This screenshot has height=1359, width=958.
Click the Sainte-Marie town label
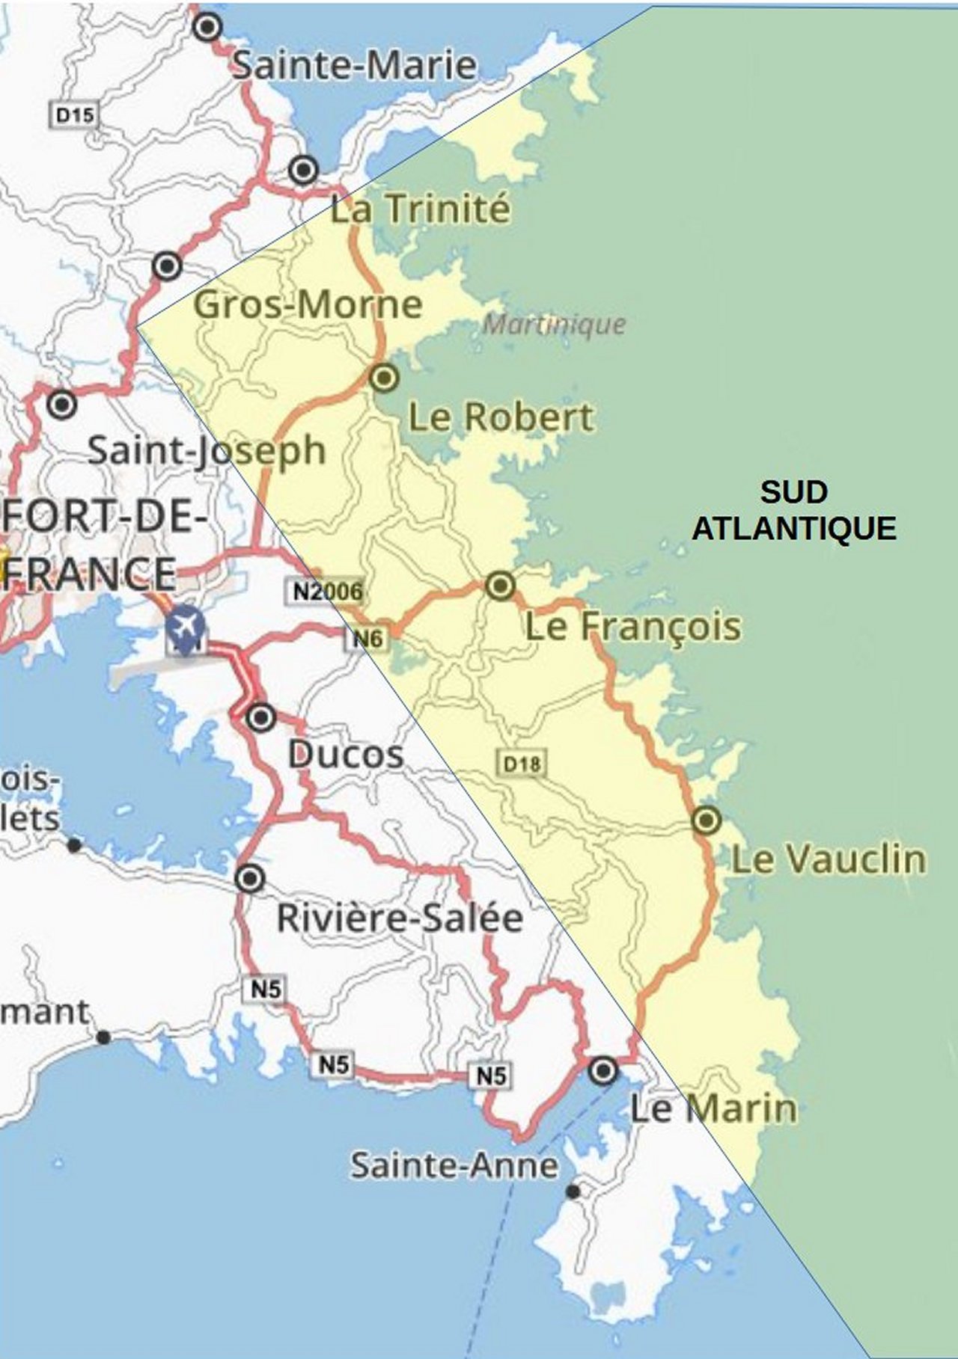(353, 66)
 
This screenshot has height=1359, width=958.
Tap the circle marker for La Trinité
(303, 171)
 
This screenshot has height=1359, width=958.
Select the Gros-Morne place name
(308, 304)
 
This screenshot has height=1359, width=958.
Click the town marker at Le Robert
(385, 378)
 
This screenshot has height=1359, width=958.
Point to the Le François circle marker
(500, 585)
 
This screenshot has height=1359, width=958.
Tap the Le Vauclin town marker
(706, 820)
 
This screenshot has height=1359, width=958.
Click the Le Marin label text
(713, 1108)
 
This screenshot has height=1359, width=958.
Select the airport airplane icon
(184, 623)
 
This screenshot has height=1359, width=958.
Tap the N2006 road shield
(327, 592)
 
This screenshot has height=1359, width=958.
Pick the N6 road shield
(367, 638)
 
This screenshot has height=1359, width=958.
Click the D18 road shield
(522, 764)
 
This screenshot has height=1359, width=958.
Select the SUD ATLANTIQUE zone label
(793, 510)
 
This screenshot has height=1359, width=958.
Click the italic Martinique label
(554, 324)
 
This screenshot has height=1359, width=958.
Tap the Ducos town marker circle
(261, 717)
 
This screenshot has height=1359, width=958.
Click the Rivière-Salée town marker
(250, 877)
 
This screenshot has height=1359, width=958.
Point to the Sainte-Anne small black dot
(573, 1191)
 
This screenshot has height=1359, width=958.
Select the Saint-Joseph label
(207, 450)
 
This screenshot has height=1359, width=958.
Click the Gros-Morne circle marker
(167, 266)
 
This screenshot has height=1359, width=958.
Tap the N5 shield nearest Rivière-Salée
(266, 990)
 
